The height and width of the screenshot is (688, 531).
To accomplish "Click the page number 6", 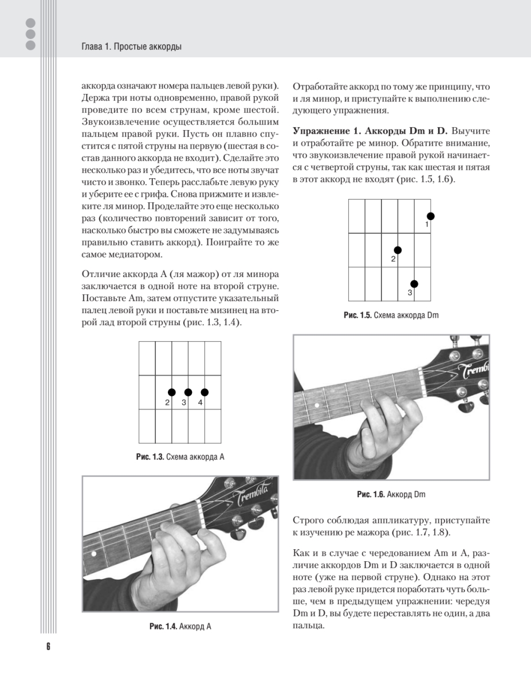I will tap(48, 646).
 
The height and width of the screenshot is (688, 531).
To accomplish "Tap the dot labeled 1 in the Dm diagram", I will tap(430, 216).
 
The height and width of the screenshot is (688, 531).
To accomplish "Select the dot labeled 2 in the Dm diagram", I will tap(398, 250).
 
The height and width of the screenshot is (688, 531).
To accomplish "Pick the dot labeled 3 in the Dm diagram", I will tap(414, 284).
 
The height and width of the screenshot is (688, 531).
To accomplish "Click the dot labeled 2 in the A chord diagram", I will tap(171, 392).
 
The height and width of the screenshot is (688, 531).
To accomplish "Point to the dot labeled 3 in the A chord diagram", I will tap(188, 392).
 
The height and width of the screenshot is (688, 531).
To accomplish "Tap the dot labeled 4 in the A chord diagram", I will tap(204, 392).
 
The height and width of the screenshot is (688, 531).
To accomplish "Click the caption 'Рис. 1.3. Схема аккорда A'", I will tap(180, 457).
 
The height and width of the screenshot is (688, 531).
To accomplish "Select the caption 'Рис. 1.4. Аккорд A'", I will tap(180, 626).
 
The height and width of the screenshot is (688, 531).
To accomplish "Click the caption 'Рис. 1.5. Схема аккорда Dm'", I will tap(391, 315).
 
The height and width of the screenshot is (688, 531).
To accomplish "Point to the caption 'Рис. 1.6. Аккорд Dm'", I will tap(391, 494).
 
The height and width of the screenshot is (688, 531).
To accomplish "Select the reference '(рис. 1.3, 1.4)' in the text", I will tap(211, 323).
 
